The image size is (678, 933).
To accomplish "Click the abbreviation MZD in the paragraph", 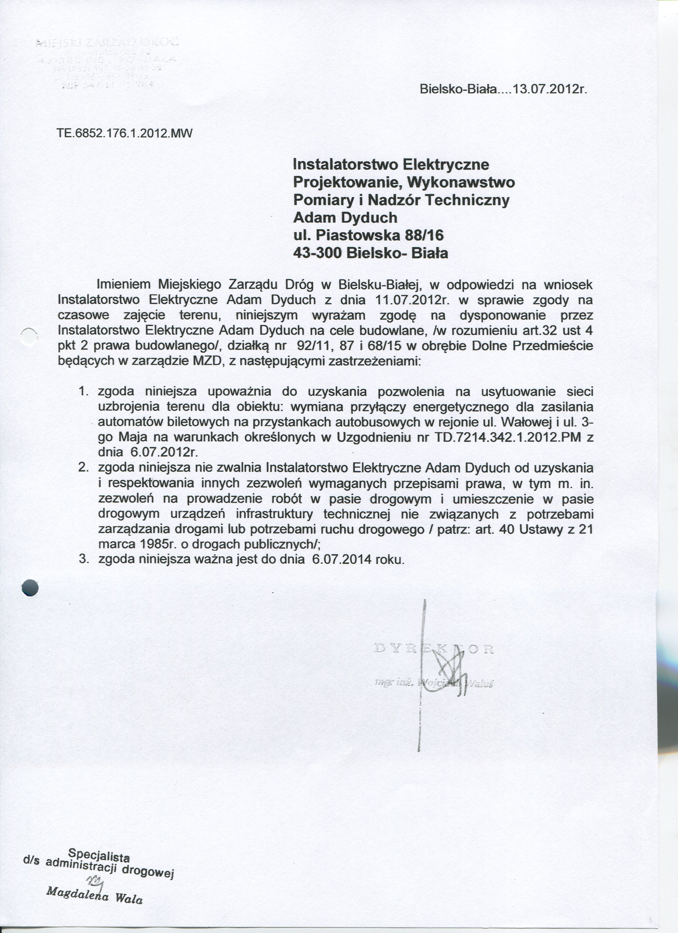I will click(204, 362).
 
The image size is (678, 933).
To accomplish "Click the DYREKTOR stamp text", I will click(434, 650).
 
